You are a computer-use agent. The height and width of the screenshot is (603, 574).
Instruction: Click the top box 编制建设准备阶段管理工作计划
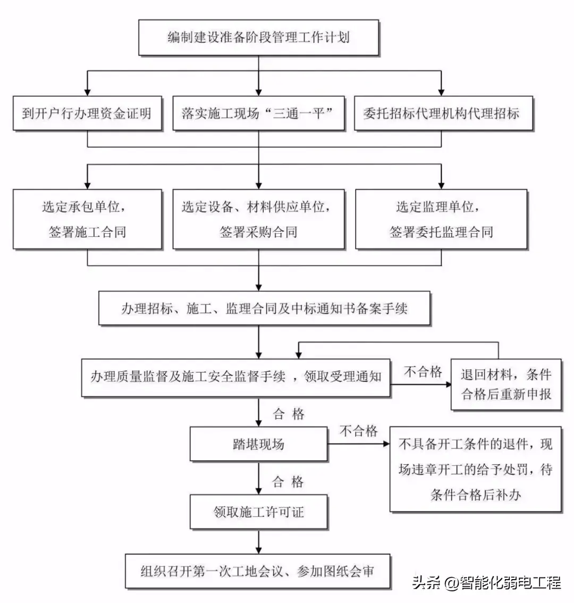(258, 37)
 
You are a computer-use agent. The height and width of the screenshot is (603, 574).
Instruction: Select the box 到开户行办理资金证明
(87, 113)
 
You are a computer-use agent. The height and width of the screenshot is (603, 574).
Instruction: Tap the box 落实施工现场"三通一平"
(258, 113)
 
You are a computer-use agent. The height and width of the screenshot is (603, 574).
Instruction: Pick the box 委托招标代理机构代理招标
(443, 113)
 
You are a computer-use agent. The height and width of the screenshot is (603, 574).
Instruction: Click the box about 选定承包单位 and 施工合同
(87, 218)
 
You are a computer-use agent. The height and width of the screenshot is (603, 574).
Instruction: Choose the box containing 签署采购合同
(258, 218)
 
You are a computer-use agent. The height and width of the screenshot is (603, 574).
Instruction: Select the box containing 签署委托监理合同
(441, 218)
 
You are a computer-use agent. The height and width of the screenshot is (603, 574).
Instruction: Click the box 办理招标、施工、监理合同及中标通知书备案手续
(264, 308)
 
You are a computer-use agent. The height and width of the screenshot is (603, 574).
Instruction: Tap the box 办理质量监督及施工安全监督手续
(235, 377)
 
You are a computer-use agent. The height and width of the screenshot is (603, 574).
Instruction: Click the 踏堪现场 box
(258, 444)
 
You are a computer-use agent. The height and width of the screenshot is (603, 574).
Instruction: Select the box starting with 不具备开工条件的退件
(475, 469)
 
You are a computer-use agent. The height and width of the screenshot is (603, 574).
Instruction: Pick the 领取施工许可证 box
(258, 512)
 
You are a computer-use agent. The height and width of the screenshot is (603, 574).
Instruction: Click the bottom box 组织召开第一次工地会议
(257, 571)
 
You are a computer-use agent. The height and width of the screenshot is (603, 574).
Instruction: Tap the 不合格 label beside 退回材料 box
(423, 371)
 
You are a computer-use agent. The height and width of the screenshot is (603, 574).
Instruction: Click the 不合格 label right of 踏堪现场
(358, 431)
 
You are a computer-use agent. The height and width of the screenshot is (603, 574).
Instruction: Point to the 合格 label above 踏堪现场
(289, 414)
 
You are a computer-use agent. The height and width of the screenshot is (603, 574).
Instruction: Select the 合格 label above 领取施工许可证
(289, 482)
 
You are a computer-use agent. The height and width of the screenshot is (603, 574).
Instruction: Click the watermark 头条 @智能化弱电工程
(486, 582)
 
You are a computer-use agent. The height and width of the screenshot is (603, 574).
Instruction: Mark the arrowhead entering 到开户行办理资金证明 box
(87, 92)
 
